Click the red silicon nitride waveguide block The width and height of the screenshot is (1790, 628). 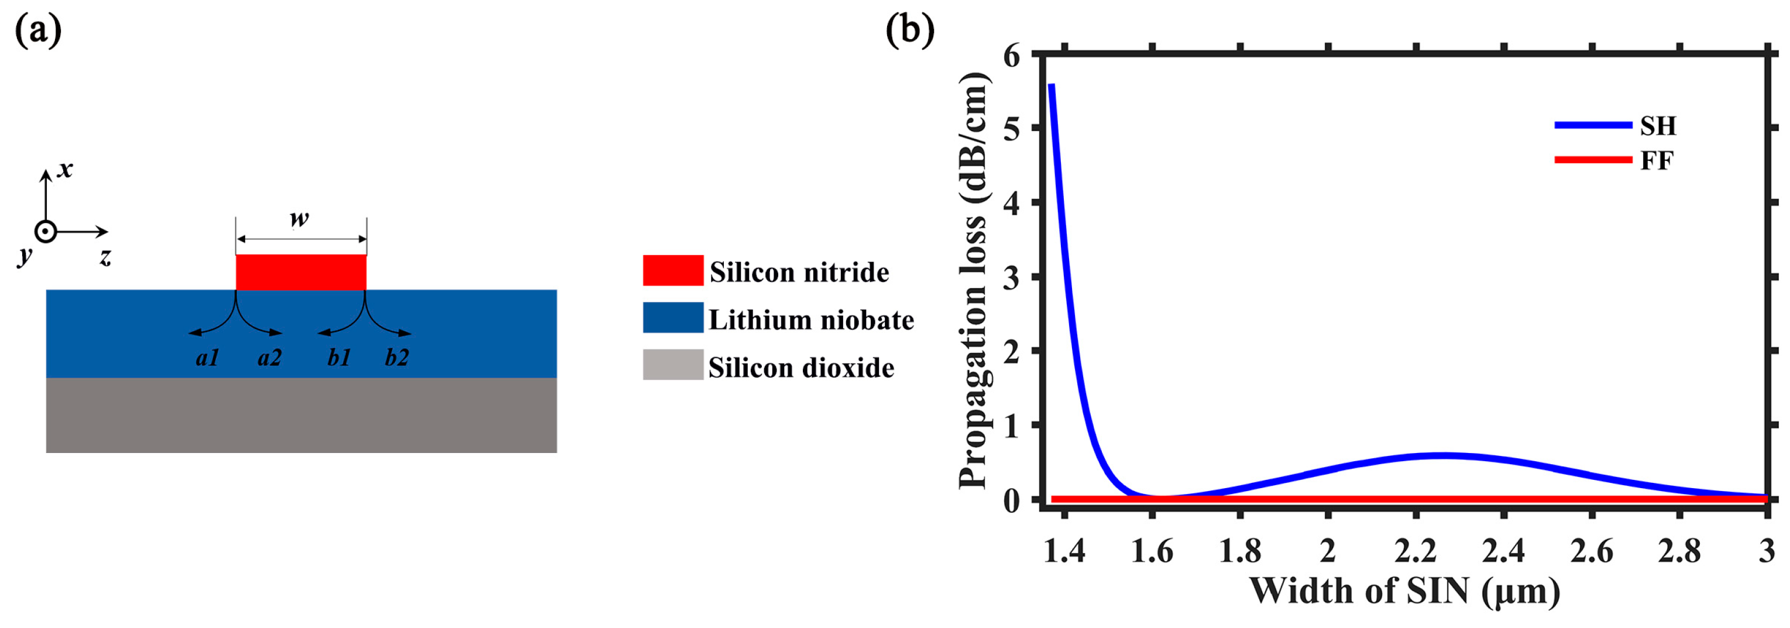pyautogui.click(x=301, y=272)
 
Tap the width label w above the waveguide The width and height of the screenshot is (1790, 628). pyautogui.click(x=299, y=219)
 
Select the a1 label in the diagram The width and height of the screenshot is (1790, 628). pyautogui.click(x=207, y=358)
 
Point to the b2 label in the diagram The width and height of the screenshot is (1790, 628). pyautogui.click(x=397, y=358)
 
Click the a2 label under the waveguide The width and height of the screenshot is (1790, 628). pyautogui.click(x=270, y=358)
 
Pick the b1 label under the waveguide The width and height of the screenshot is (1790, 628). pyautogui.click(x=339, y=358)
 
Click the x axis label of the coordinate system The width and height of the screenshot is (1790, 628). pyautogui.click(x=64, y=169)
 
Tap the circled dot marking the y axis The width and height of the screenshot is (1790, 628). pyautogui.click(x=45, y=231)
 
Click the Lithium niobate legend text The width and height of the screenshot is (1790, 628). pyautogui.click(x=811, y=320)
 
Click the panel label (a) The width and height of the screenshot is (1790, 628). pyautogui.click(x=38, y=30)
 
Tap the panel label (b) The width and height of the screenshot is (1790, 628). pyautogui.click(x=909, y=30)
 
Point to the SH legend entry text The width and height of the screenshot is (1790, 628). pyautogui.click(x=1658, y=126)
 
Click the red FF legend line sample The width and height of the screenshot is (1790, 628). pyautogui.click(x=1593, y=160)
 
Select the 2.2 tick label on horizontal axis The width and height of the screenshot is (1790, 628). pyautogui.click(x=1415, y=551)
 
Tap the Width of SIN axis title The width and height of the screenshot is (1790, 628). pyautogui.click(x=1404, y=592)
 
